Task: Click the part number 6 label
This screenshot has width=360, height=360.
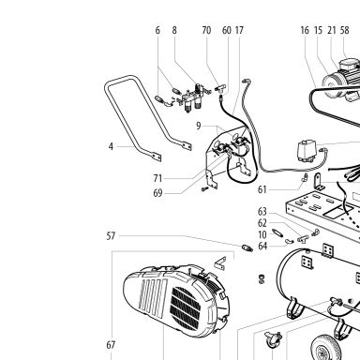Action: click(157, 30)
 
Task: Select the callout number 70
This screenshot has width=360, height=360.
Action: click(206, 30)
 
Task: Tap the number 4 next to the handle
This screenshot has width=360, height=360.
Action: click(111, 146)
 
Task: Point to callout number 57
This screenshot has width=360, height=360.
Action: click(111, 236)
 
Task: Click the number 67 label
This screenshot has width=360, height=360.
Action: click(111, 345)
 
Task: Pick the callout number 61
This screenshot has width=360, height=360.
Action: click(262, 189)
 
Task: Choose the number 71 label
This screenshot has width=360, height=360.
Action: click(157, 178)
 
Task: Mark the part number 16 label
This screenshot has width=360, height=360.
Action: click(305, 30)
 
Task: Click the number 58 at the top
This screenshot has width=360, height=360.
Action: click(344, 30)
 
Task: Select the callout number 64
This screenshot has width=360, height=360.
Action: click(262, 246)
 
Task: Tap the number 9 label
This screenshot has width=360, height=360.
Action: click(199, 126)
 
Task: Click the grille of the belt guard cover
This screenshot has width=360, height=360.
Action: click(185, 307)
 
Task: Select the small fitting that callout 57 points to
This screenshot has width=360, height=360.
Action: click(247, 248)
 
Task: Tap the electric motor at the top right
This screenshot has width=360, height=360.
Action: click(342, 80)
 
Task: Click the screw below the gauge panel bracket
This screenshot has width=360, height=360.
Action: click(204, 189)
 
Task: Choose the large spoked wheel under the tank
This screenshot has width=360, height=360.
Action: click(325, 348)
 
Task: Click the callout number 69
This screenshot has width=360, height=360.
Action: click(157, 193)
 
